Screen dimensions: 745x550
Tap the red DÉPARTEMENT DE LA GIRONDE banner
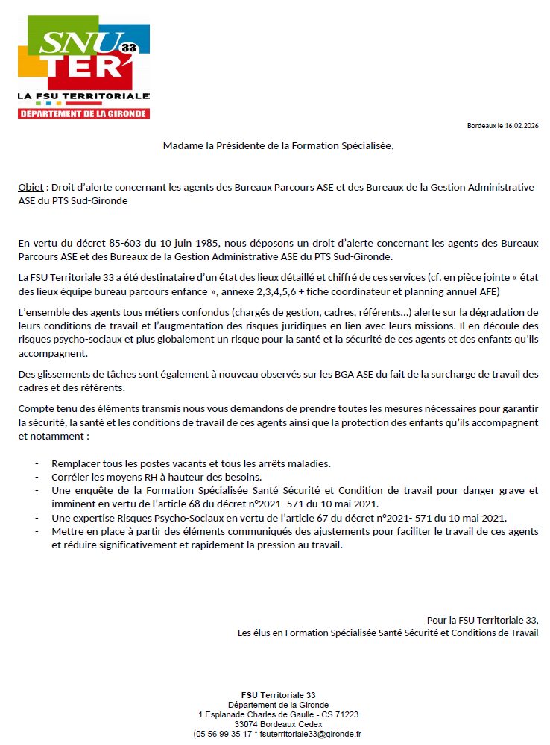pos(83,114)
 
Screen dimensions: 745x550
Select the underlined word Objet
pos(30,187)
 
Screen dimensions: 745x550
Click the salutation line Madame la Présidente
pos(277,145)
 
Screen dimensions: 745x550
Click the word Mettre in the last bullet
pos(66,530)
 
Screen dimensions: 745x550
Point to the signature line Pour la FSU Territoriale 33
pos(482,620)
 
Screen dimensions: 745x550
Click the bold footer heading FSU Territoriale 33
pos(278,694)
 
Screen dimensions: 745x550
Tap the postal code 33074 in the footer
pos(247,723)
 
